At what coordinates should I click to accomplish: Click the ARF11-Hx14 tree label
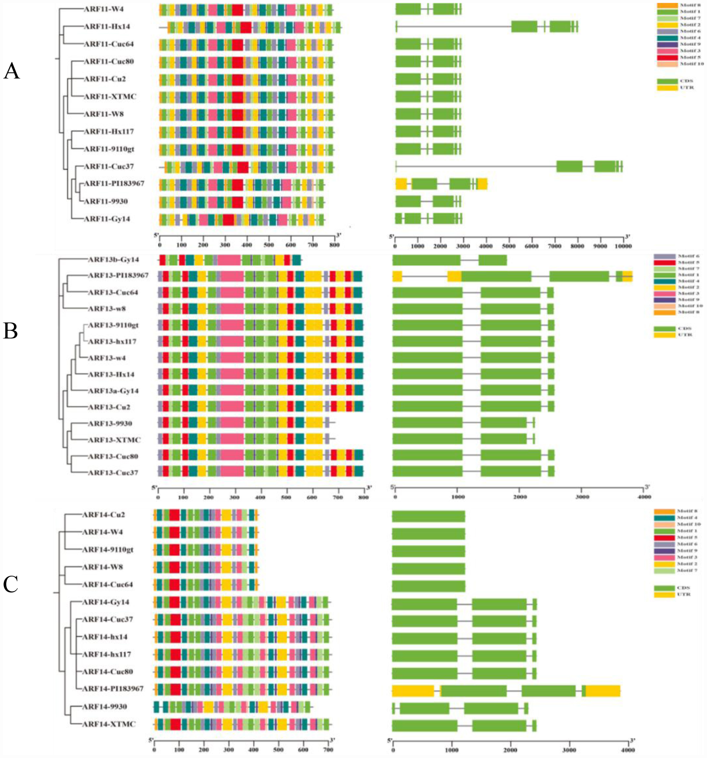pyautogui.click(x=107, y=27)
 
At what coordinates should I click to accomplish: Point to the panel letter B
pyautogui.click(x=11, y=331)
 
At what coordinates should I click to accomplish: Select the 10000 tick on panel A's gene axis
pyautogui.click(x=623, y=246)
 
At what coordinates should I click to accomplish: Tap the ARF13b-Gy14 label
pyautogui.click(x=113, y=260)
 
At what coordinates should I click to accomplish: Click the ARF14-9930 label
pyautogui.click(x=105, y=706)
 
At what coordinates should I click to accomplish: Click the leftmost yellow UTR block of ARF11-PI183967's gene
pyautogui.click(x=401, y=184)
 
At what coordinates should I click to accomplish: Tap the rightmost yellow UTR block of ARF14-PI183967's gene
pyautogui.click(x=603, y=690)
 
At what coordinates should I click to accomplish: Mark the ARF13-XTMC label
pyautogui.click(x=114, y=440)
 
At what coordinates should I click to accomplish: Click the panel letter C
pyautogui.click(x=11, y=584)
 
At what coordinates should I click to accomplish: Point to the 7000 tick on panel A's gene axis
pyautogui.click(x=554, y=246)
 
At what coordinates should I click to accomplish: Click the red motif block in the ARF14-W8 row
pyautogui.click(x=174, y=567)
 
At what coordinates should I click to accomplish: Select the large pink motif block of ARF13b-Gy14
pyautogui.click(x=229, y=260)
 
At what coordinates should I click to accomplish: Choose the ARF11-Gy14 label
pyautogui.click(x=107, y=219)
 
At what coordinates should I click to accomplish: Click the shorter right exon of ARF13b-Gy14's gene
pyautogui.click(x=492, y=260)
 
